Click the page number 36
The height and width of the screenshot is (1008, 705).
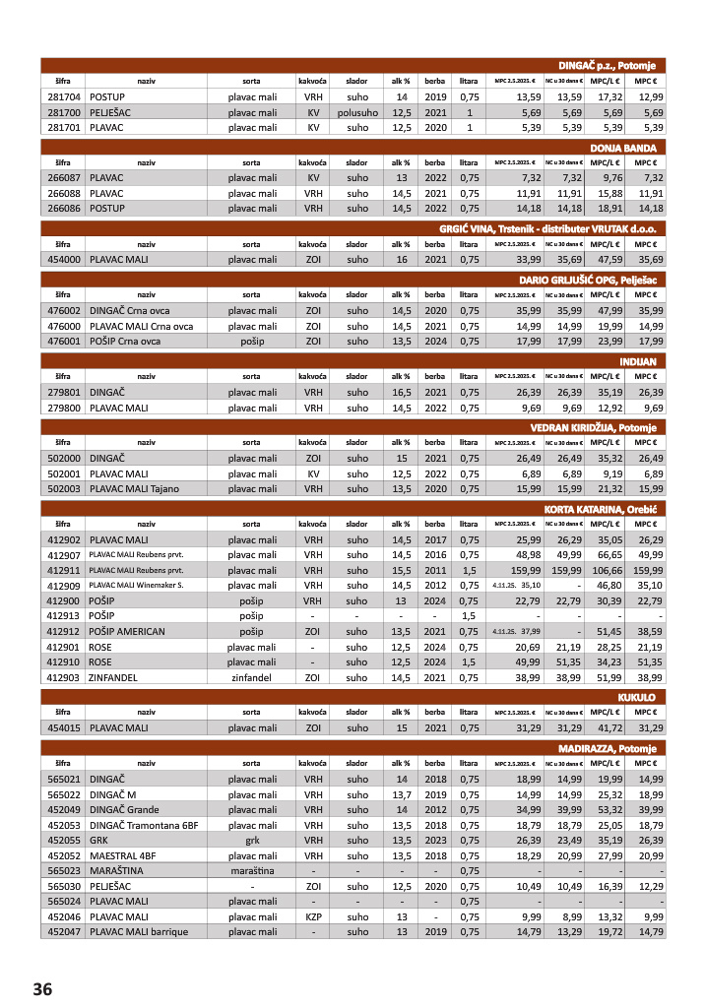coord(41,988)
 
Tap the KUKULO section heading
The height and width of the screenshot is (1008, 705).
coord(637,697)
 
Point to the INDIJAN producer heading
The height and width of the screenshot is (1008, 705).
coord(638,361)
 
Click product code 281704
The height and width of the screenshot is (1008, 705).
coord(63,97)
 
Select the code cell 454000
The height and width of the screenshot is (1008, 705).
coord(63,259)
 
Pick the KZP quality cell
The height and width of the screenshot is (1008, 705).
coord(314,916)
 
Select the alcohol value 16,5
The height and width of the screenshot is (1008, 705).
coord(401,392)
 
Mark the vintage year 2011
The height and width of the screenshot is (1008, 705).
coord(435,570)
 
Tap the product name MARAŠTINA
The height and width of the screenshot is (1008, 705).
coord(119,871)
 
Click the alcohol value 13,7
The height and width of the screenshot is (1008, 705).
coord(401,795)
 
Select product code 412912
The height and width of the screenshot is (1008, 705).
coord(63,631)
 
